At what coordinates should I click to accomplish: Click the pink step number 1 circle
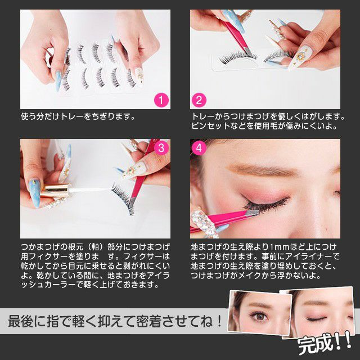pyautogui.click(x=161, y=100)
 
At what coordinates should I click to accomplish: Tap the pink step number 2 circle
pyautogui.click(x=199, y=100)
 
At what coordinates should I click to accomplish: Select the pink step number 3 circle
pyautogui.click(x=161, y=147)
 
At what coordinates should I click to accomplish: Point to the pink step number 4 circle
pyautogui.click(x=199, y=147)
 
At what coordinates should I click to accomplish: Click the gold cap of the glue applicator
pyautogui.click(x=56, y=191)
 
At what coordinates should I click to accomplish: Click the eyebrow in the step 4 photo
pyautogui.click(x=262, y=170)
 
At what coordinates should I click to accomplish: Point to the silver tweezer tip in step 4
pyautogui.click(x=252, y=213)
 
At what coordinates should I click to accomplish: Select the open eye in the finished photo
pyautogui.click(x=260, y=316)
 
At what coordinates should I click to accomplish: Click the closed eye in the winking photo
pyautogui.click(x=316, y=319)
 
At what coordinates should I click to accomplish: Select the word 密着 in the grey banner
pyautogui.click(x=148, y=321)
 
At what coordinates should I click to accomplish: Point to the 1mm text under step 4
pyautogui.click(x=279, y=247)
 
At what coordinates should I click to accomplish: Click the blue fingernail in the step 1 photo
pyautogui.click(x=58, y=81)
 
